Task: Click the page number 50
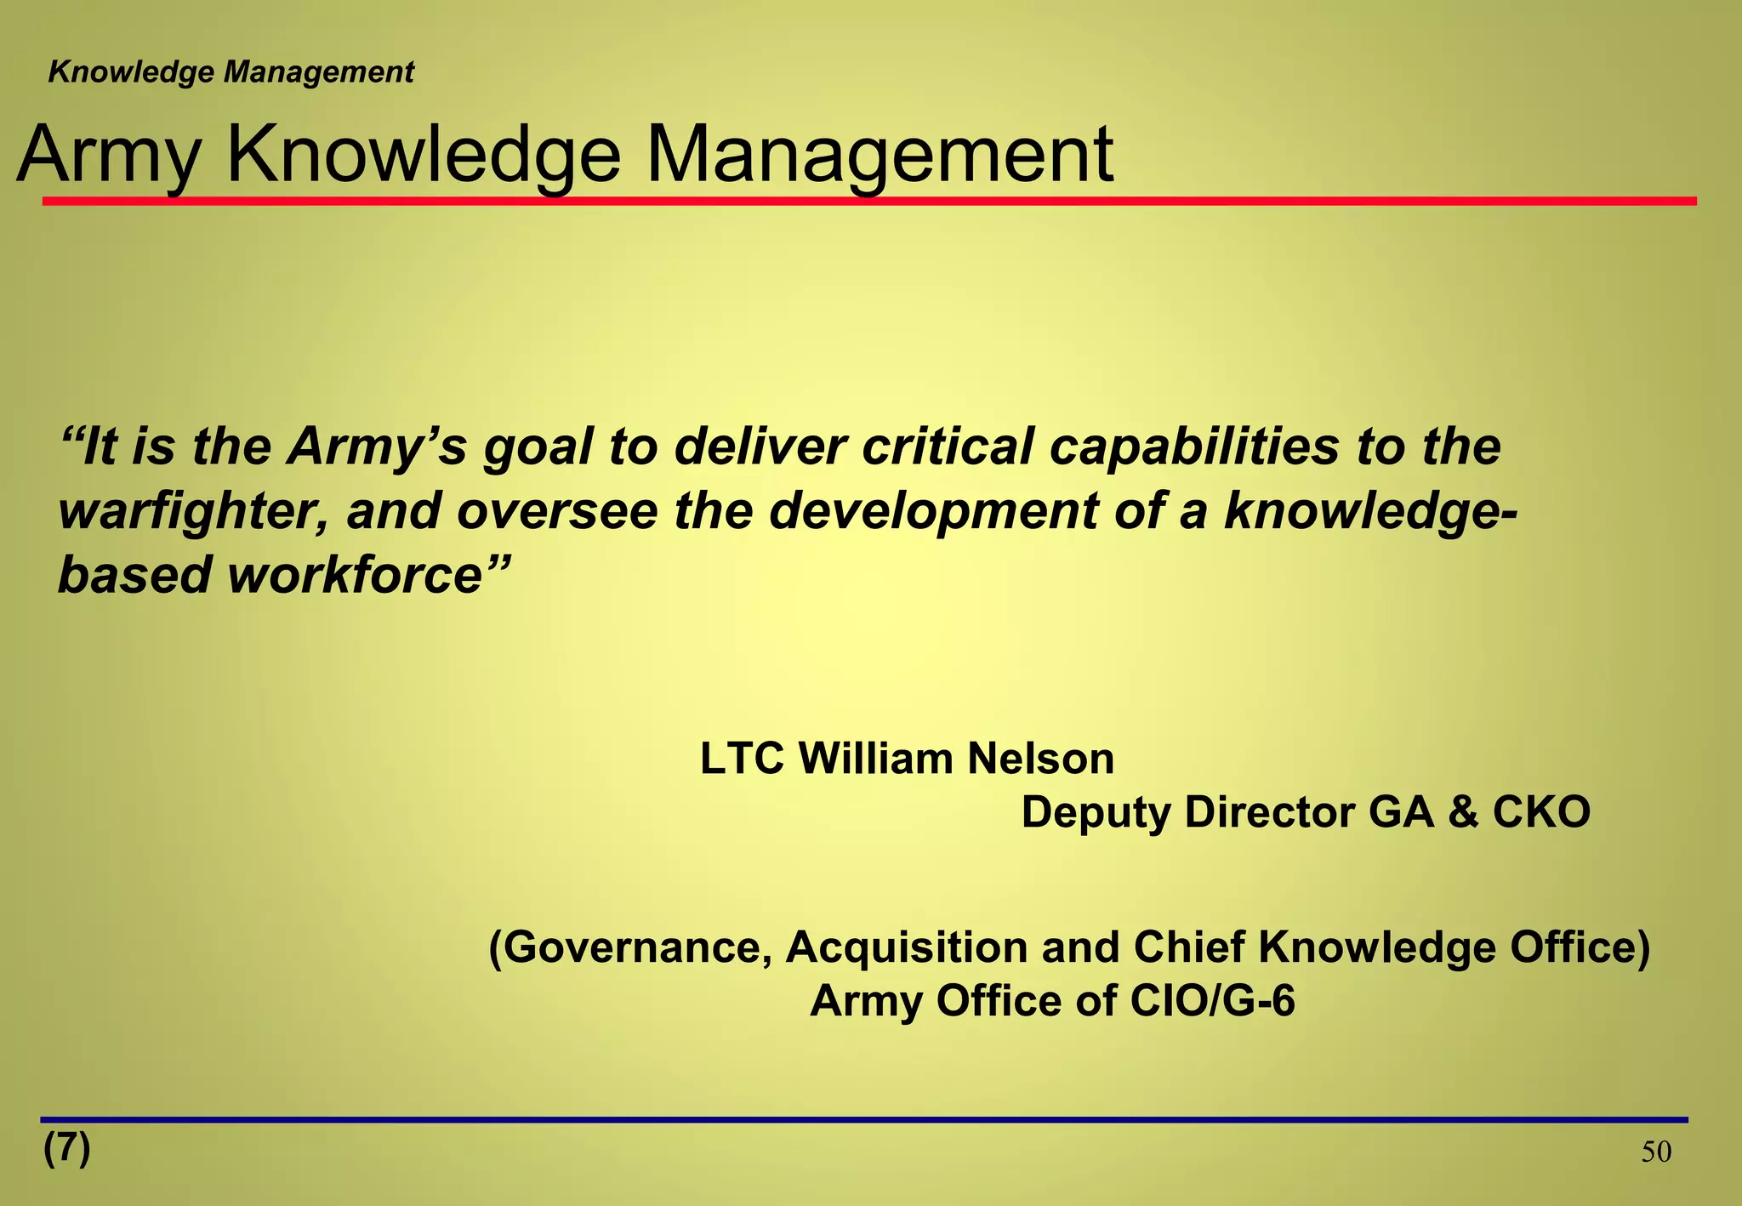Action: click(x=1656, y=1152)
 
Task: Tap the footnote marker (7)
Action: click(x=67, y=1148)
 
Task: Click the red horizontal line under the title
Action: click(x=868, y=202)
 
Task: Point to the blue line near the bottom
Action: click(x=863, y=1119)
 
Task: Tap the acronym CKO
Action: click(x=1541, y=812)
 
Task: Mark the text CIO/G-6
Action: click(x=1212, y=1001)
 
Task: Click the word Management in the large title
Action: click(x=880, y=155)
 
